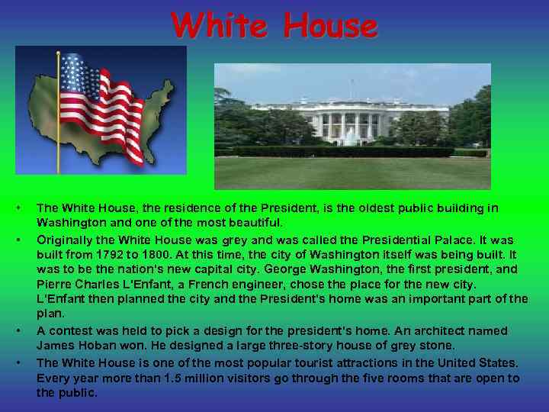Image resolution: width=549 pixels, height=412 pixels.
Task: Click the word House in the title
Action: point(329,27)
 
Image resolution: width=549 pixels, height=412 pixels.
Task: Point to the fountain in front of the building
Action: point(350,138)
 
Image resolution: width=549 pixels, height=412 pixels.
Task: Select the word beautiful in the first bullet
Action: point(255,223)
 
